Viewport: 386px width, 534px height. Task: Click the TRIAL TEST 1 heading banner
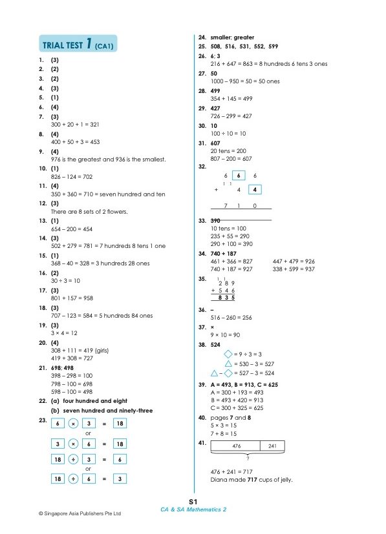[80, 46]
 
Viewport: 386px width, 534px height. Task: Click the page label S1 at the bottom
[193, 502]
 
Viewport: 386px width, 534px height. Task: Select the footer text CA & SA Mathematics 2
[193, 509]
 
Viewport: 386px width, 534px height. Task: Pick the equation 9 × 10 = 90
[226, 335]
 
